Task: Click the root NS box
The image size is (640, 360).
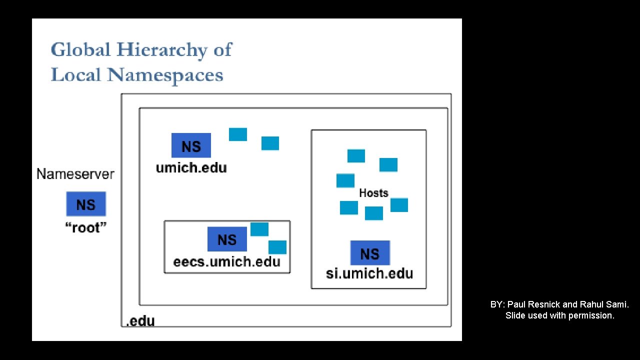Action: coord(86,204)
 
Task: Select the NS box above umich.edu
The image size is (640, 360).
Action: coord(191,145)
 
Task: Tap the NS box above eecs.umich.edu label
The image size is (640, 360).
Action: coord(227,239)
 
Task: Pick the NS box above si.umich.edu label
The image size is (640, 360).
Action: coord(370,253)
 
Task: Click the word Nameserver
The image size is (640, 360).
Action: coord(75,174)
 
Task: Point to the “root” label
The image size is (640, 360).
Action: coord(86,228)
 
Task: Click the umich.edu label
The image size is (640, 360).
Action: coord(191,167)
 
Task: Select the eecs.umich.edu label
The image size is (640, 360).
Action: coord(226,261)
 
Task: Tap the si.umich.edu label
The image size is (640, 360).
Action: coord(369,273)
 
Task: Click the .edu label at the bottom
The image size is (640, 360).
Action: coord(140,321)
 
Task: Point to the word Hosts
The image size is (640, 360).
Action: coord(373,193)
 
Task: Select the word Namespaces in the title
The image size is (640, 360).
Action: coord(165,75)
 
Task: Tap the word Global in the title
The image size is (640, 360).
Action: coord(80,50)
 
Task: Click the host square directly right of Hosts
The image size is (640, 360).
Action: coord(399,205)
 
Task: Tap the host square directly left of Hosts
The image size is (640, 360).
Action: coord(345,180)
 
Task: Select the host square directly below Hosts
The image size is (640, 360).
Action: coord(374,213)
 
